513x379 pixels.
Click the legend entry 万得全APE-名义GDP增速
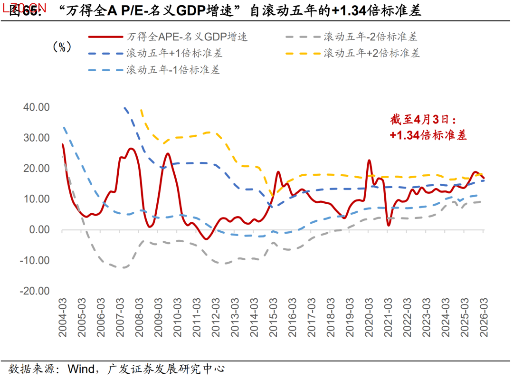[x=187, y=37]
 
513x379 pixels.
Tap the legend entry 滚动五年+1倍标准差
[x=174, y=53]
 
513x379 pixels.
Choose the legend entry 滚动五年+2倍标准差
[x=371, y=53]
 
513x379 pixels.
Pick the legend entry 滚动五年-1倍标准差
[x=173, y=70]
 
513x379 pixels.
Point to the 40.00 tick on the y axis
[x=37, y=107]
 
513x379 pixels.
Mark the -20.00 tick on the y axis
[x=35, y=291]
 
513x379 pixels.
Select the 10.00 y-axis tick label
[x=37, y=199]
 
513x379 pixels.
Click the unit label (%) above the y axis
[x=62, y=47]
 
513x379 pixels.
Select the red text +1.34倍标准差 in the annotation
[x=428, y=135]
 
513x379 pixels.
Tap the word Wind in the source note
[x=83, y=368]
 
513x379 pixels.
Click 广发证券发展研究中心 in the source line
[x=166, y=368]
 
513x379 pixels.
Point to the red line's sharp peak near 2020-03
[x=369, y=161]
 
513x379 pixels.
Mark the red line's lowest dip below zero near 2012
[x=206, y=239]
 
